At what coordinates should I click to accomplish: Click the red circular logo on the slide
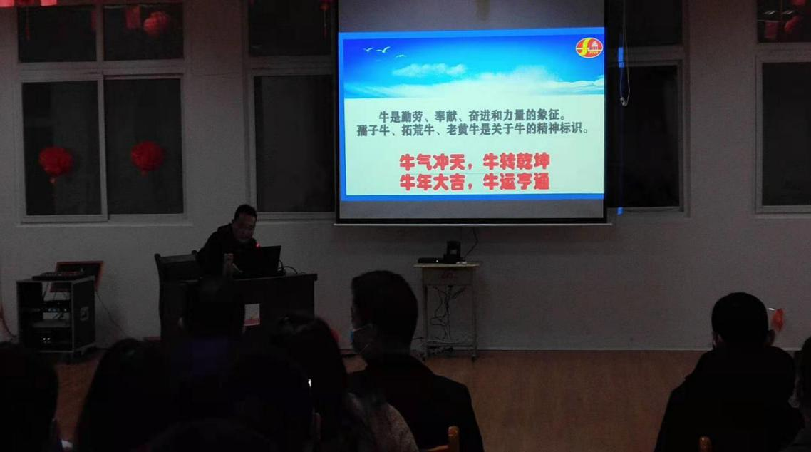click(589, 48)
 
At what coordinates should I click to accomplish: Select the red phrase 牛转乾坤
click(516, 162)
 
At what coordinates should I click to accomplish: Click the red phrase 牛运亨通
click(516, 182)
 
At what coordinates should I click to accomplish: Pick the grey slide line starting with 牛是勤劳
click(472, 117)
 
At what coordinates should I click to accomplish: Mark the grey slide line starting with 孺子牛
click(472, 130)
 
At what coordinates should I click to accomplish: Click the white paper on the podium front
click(252, 314)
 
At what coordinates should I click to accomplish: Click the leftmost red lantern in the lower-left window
click(55, 162)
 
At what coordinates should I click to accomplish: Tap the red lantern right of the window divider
click(148, 157)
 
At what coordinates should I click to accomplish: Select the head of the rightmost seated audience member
click(740, 319)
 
